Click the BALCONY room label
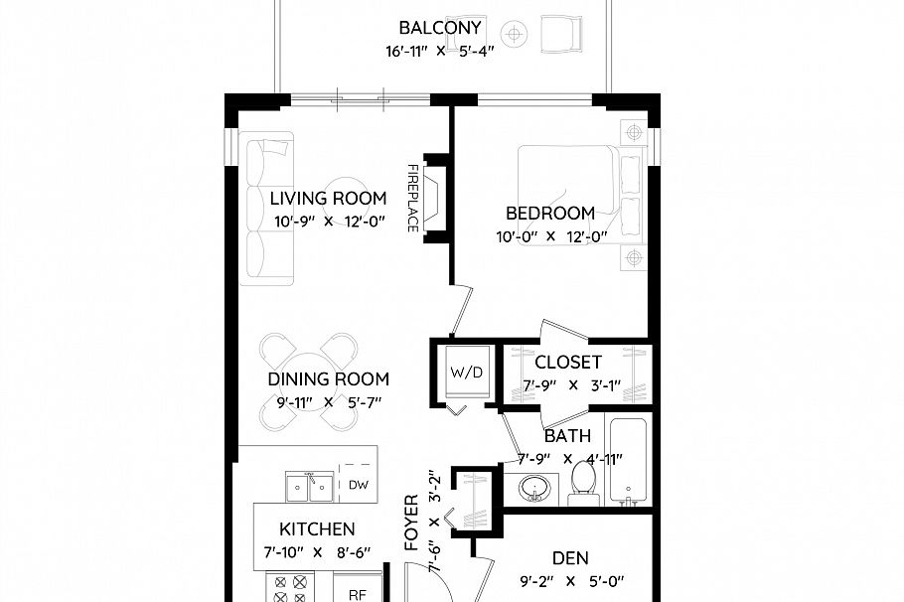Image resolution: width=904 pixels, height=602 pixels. [x=440, y=28]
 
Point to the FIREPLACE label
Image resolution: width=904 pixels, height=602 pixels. [x=411, y=198]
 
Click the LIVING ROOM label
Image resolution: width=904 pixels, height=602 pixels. [x=328, y=199]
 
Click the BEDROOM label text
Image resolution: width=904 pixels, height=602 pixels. [x=550, y=213]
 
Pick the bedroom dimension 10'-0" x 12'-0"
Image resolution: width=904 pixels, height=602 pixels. [x=550, y=236]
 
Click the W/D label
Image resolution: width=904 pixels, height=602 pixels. [x=466, y=374]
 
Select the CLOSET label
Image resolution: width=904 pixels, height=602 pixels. [x=567, y=362]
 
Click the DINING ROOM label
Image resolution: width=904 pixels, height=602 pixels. [x=328, y=378]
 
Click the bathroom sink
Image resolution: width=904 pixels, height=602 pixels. [x=535, y=490]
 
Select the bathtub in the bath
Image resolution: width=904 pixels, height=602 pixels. [x=628, y=461]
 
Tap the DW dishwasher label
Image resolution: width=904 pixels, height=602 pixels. [x=358, y=485]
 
